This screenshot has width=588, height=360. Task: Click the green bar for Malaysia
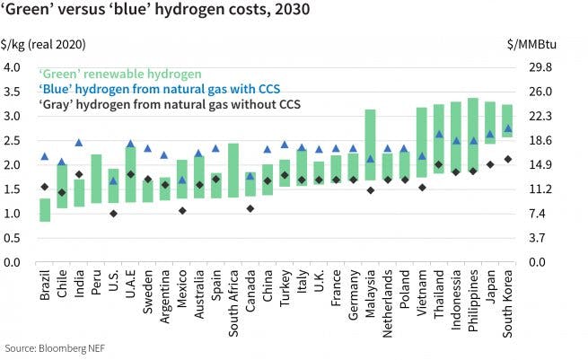370,144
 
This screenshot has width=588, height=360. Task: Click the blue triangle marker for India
79,143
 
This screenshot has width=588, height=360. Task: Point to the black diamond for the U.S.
113,214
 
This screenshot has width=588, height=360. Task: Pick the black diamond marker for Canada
250,208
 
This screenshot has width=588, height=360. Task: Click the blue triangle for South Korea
507,128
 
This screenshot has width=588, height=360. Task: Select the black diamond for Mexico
182,211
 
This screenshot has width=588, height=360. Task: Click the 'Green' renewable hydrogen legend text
119,73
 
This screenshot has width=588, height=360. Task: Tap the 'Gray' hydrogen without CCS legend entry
168,104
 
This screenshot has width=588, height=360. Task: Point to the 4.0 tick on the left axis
13,67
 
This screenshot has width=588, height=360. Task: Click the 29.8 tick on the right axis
531,67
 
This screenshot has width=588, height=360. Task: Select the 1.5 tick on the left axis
13,189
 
